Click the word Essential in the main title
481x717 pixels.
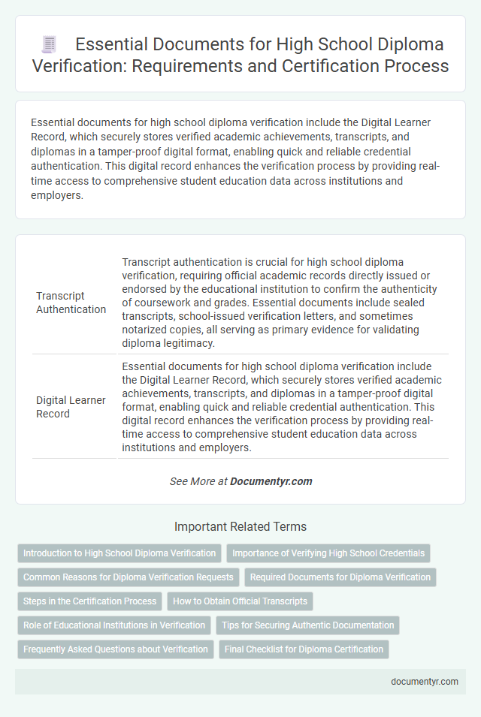coord(113,44)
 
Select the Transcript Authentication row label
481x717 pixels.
coord(71,303)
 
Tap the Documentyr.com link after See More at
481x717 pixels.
coord(272,481)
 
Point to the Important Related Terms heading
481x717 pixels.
coord(240,526)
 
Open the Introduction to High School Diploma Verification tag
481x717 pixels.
coord(119,553)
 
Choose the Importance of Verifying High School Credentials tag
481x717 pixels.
coord(328,553)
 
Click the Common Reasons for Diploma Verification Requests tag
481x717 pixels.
coord(128,577)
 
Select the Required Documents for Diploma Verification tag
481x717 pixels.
coord(340,577)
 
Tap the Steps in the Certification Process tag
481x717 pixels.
coord(89,601)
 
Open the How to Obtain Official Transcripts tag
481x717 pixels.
coord(240,601)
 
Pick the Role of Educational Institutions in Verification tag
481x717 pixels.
coord(114,625)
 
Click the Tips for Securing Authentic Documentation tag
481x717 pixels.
coord(307,625)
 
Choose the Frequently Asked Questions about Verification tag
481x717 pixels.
coord(115,649)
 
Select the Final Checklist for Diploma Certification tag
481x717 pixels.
coord(304,649)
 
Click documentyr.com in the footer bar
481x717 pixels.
coord(424,682)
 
